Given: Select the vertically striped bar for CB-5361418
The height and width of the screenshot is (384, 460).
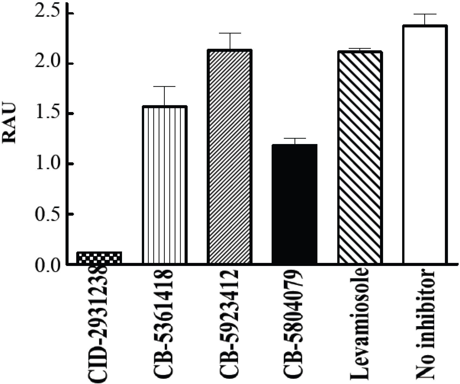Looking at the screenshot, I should point(164,185).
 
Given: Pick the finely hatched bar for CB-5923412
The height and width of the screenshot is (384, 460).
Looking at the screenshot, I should point(229,156).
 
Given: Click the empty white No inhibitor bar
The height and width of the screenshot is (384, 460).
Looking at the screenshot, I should point(425,145).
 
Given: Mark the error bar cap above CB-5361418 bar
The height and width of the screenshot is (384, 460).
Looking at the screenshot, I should point(164,86).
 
